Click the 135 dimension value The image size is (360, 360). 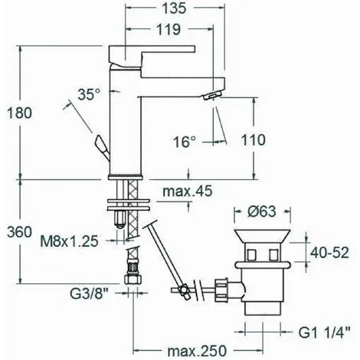point(175,8)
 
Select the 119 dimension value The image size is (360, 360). point(169,29)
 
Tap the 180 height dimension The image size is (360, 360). point(19,113)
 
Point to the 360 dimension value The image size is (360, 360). point(19,232)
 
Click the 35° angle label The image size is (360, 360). point(90,94)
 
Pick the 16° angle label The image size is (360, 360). point(185,142)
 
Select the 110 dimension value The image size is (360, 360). point(254,140)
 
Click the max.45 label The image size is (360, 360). point(188,191)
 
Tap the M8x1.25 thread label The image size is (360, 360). point(69,241)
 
